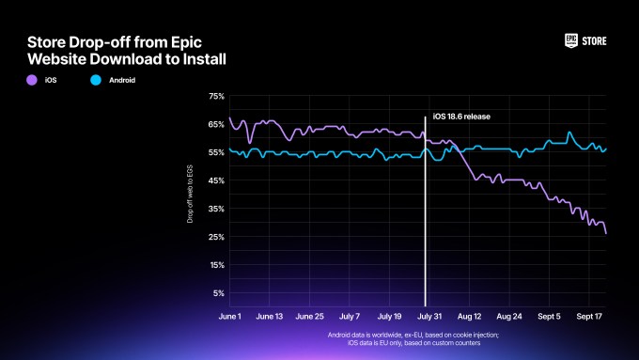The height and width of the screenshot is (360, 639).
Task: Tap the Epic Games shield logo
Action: (x=570, y=40)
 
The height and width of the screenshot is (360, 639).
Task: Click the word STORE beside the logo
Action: (x=595, y=40)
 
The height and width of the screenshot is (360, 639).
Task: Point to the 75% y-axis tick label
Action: (x=216, y=96)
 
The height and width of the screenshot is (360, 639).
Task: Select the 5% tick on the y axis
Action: (x=218, y=293)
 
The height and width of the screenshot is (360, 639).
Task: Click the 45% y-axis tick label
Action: (x=216, y=180)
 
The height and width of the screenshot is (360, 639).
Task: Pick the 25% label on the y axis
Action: (x=216, y=237)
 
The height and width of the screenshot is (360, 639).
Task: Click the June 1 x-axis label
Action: (x=230, y=318)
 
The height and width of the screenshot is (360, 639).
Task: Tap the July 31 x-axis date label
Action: (x=428, y=318)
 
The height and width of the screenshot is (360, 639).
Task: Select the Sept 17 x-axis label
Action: (x=589, y=318)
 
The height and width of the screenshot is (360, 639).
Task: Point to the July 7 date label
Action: (x=349, y=318)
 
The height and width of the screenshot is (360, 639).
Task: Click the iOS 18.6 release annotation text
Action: (x=461, y=117)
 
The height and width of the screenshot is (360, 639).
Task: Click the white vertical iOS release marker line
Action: (x=426, y=216)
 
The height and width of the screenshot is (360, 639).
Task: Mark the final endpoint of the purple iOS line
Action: (x=606, y=233)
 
